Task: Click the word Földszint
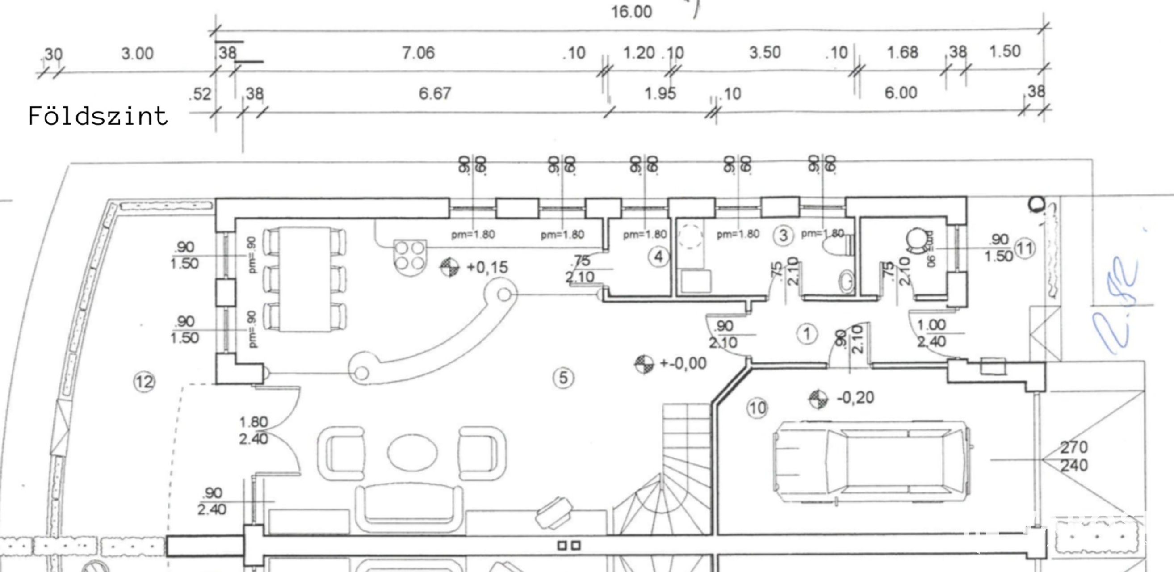98,116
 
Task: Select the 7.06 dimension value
418,53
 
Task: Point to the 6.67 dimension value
435,93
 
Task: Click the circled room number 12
144,382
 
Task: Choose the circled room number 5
563,378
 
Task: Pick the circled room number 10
757,408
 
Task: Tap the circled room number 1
807,334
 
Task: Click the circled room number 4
658,257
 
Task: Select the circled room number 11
1024,249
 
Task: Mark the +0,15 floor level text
487,268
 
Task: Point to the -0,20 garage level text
855,398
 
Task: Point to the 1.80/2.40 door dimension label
253,431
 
